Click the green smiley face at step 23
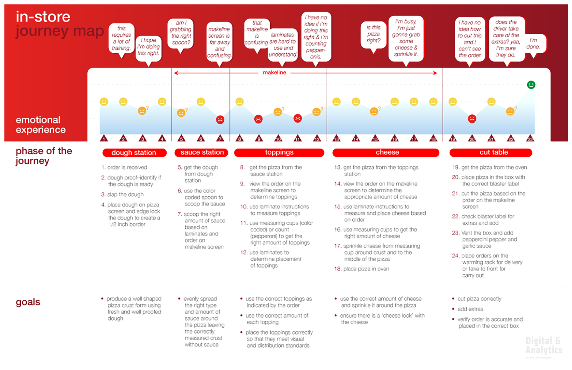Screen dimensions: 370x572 click(x=531, y=85)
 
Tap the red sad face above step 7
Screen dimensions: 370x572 click(x=220, y=119)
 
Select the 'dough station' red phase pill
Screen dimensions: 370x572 click(x=134, y=153)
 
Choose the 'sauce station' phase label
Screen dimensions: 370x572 click(x=202, y=153)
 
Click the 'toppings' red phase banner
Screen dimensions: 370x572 click(x=279, y=153)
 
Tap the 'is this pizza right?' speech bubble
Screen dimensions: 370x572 click(x=373, y=34)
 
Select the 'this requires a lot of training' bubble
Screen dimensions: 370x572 click(x=121, y=38)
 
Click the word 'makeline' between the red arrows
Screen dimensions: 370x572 click(x=274, y=73)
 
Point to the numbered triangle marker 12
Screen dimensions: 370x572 click(x=317, y=138)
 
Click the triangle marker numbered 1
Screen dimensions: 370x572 click(x=104, y=138)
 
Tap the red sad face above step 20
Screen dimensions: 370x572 click(x=472, y=119)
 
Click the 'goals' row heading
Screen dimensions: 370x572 click(x=28, y=302)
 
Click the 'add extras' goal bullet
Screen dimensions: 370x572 click(x=470, y=309)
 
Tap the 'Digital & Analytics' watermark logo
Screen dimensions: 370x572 click(x=544, y=345)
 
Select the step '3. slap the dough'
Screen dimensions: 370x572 click(x=122, y=194)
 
